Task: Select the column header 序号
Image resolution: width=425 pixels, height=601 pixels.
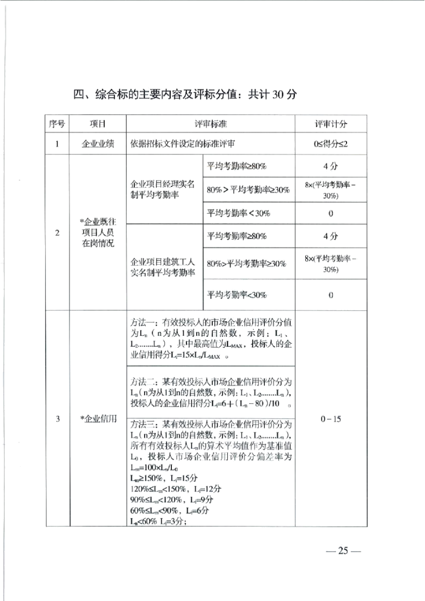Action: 56,124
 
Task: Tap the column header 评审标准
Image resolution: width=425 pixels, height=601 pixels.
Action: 210,124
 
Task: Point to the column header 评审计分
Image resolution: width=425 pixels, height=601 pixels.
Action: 330,124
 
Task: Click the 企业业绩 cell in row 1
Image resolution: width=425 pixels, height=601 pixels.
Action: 97,144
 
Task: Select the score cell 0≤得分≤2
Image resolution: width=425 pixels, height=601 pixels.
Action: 330,144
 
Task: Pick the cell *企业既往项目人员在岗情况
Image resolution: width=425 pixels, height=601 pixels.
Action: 97,233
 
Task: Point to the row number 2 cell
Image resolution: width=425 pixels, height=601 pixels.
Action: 56,233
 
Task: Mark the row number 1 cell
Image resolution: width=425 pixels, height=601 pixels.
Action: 56,144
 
